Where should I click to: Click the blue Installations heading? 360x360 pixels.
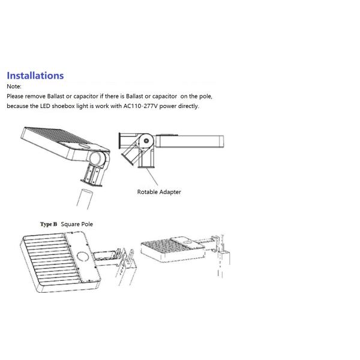(35, 76)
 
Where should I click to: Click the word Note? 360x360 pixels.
(14, 86)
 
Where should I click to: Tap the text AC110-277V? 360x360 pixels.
(140, 106)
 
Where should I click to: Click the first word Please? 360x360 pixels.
(15, 96)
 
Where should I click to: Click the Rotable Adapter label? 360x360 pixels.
(159, 192)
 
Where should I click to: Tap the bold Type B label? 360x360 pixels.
(49, 224)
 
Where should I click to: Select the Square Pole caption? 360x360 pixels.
(77, 224)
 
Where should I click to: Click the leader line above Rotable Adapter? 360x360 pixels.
(152, 176)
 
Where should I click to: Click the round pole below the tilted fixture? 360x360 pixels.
(85, 199)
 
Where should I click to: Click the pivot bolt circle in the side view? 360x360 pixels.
(146, 141)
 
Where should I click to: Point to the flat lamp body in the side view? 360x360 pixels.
(190, 142)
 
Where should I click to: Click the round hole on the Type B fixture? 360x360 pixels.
(82, 256)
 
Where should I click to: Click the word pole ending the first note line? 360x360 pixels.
(205, 97)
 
